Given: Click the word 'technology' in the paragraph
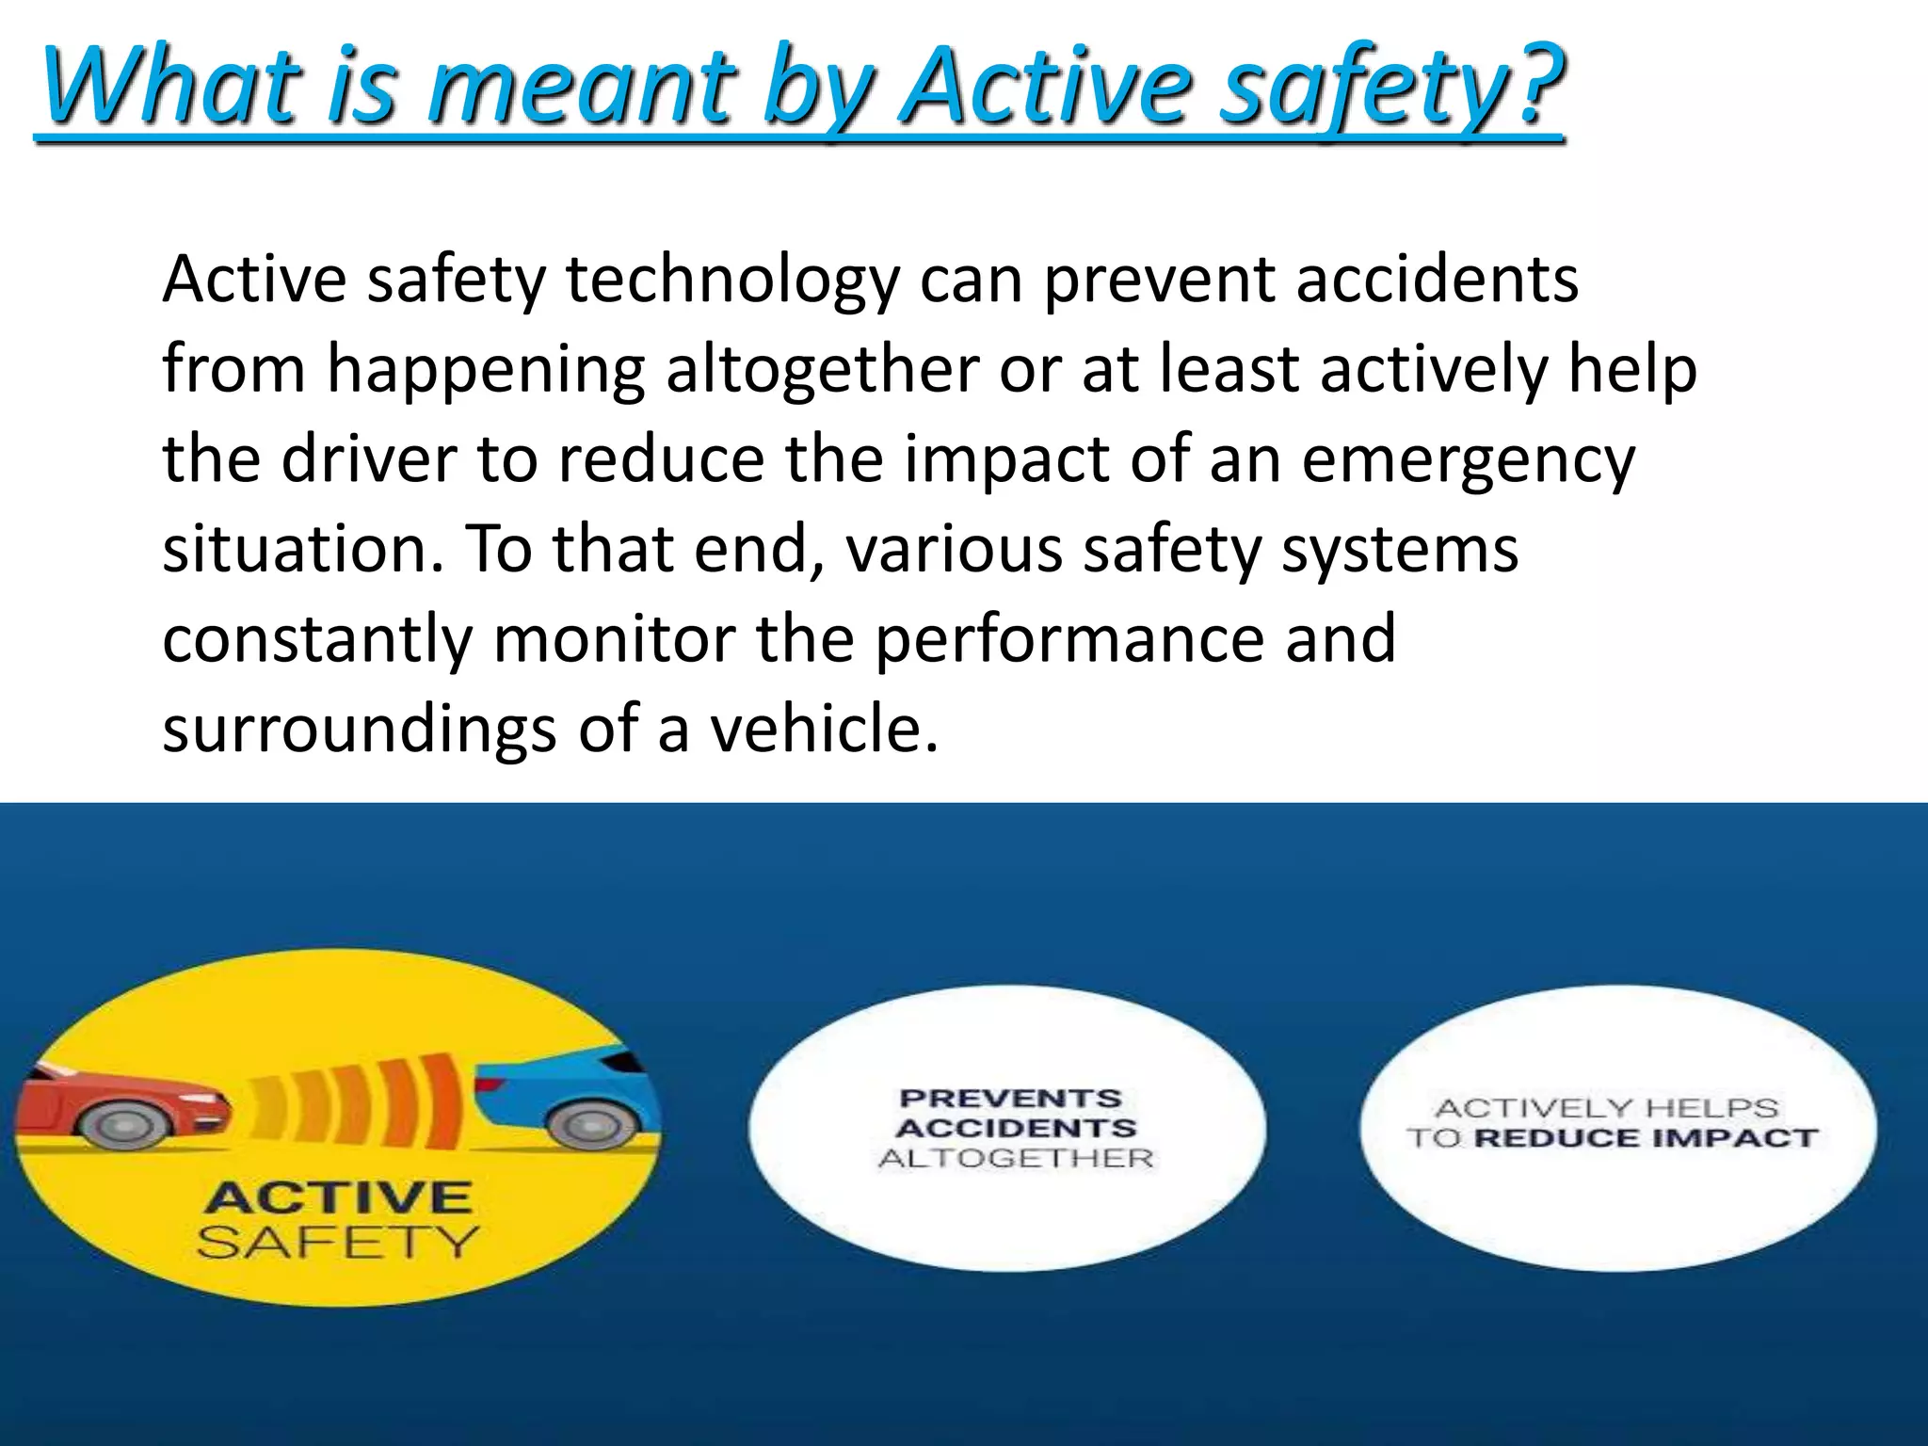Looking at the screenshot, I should coord(732,281).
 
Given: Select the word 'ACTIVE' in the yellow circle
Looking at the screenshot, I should coord(338,1198).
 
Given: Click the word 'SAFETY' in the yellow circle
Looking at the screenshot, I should coord(338,1243).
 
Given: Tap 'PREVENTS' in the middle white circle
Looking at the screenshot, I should coord(1011,1099).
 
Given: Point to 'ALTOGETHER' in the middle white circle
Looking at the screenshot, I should coord(1016,1158).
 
